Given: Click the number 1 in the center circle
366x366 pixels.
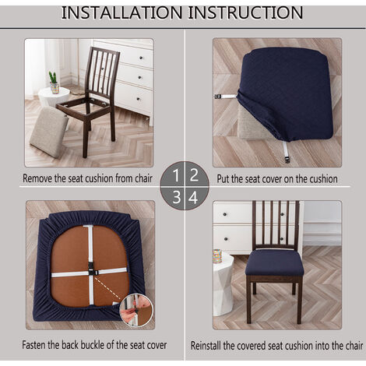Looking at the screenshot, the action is (176, 175).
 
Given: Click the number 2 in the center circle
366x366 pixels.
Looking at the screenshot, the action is (194, 175).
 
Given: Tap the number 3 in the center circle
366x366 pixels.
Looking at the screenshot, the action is (177, 197).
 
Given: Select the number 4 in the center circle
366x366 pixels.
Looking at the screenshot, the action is (193, 197).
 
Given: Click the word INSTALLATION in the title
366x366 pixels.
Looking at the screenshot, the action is (121, 12).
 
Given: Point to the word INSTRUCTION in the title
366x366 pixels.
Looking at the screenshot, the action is (245, 12).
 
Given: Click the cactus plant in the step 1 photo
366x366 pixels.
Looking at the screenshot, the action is (54, 77).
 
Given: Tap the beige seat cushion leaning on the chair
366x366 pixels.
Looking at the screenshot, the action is (49, 132).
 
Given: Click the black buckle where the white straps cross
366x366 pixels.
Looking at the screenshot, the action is (91, 270).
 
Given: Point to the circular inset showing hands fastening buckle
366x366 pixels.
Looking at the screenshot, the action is (136, 310).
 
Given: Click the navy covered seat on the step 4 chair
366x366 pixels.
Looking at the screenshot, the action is (274, 262).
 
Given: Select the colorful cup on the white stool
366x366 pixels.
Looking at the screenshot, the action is (217, 256).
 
